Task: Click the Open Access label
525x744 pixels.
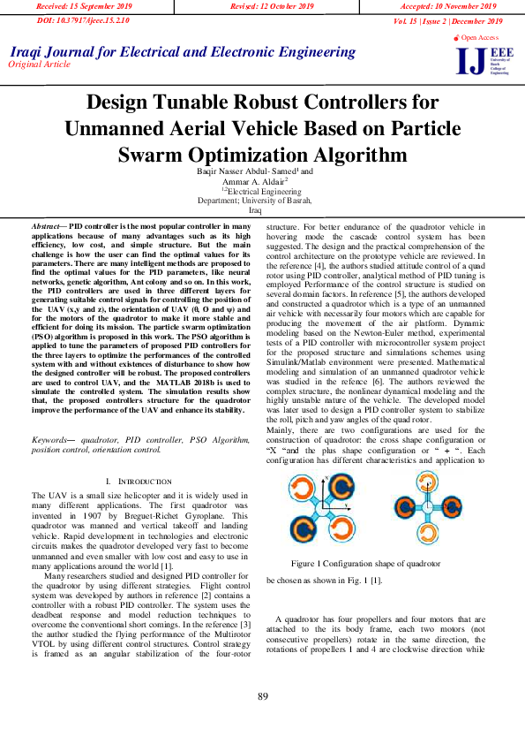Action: coord(477,38)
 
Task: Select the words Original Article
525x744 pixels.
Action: coord(41,65)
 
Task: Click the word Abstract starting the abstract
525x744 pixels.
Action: coord(49,227)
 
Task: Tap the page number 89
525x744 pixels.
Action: coord(262,697)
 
